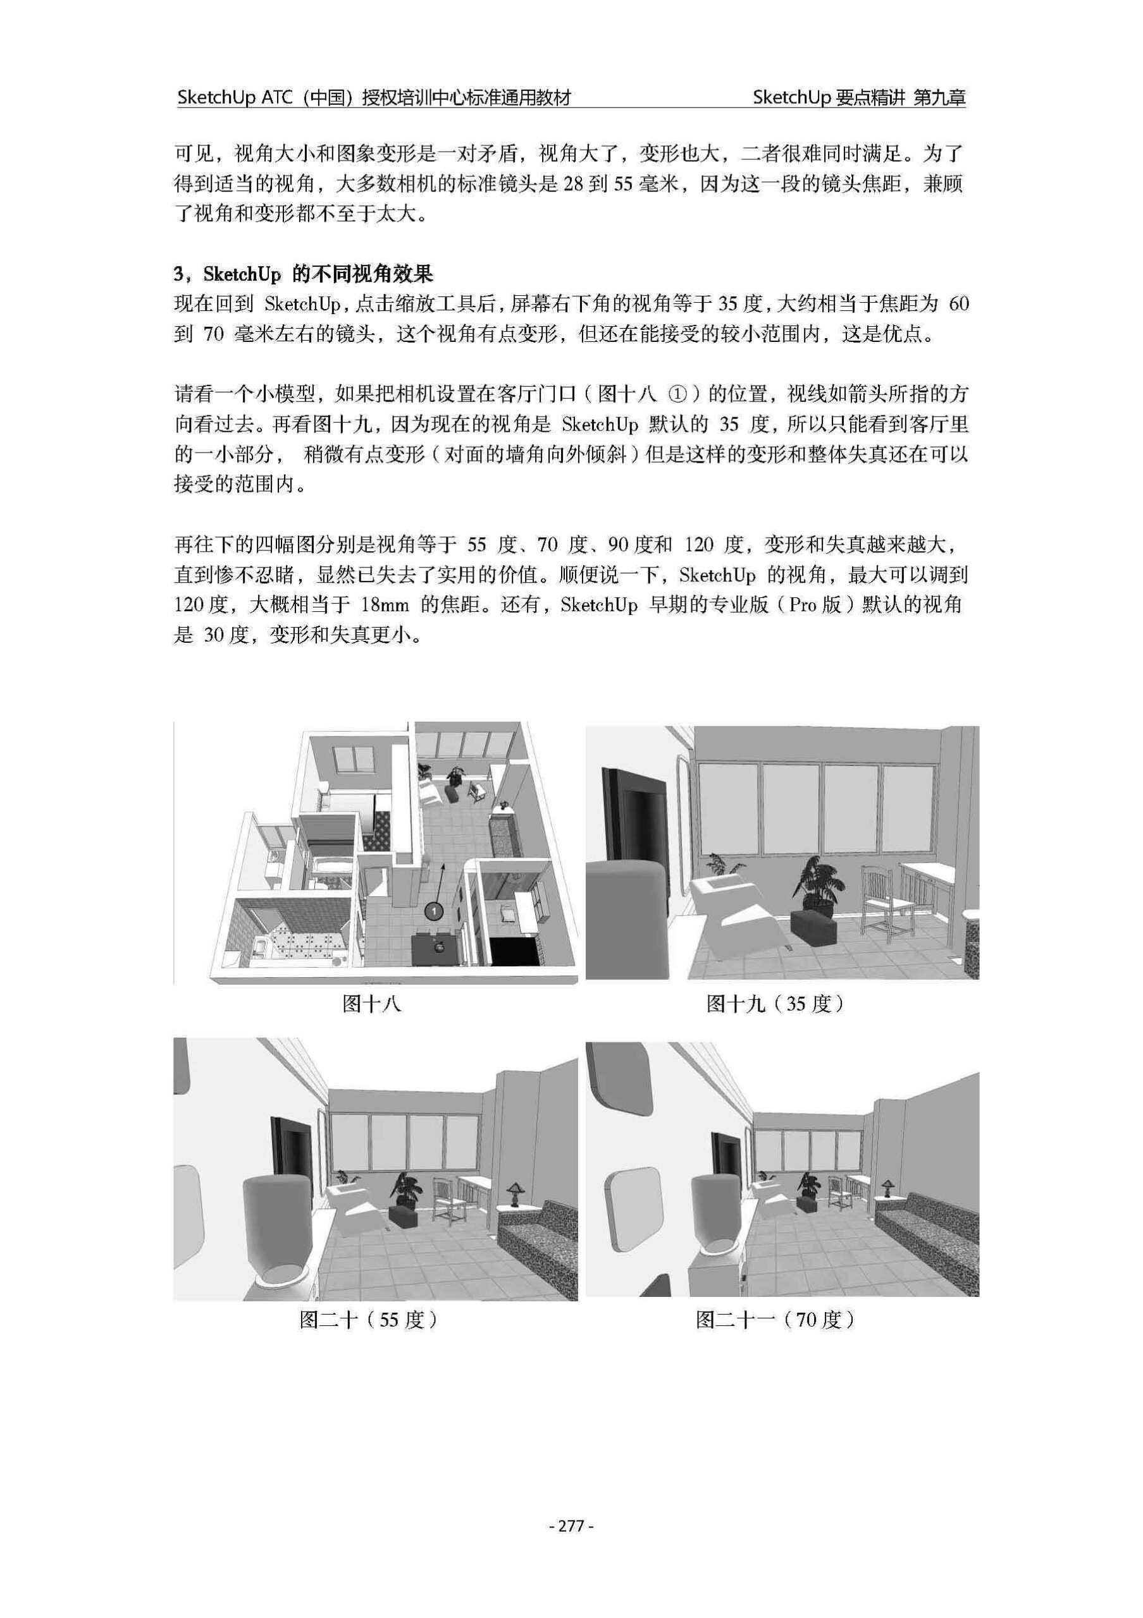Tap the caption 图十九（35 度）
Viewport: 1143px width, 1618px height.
click(x=776, y=1004)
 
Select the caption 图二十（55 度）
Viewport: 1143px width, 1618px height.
click(x=369, y=1320)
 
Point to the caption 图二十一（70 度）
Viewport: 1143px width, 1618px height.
click(x=775, y=1320)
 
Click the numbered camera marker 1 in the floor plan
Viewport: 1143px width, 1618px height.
click(x=434, y=911)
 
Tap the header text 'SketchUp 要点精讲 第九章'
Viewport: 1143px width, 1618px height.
click(x=859, y=97)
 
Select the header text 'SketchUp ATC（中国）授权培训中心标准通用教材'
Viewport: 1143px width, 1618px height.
click(x=374, y=97)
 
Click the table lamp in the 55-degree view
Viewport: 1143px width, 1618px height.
click(x=516, y=1194)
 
